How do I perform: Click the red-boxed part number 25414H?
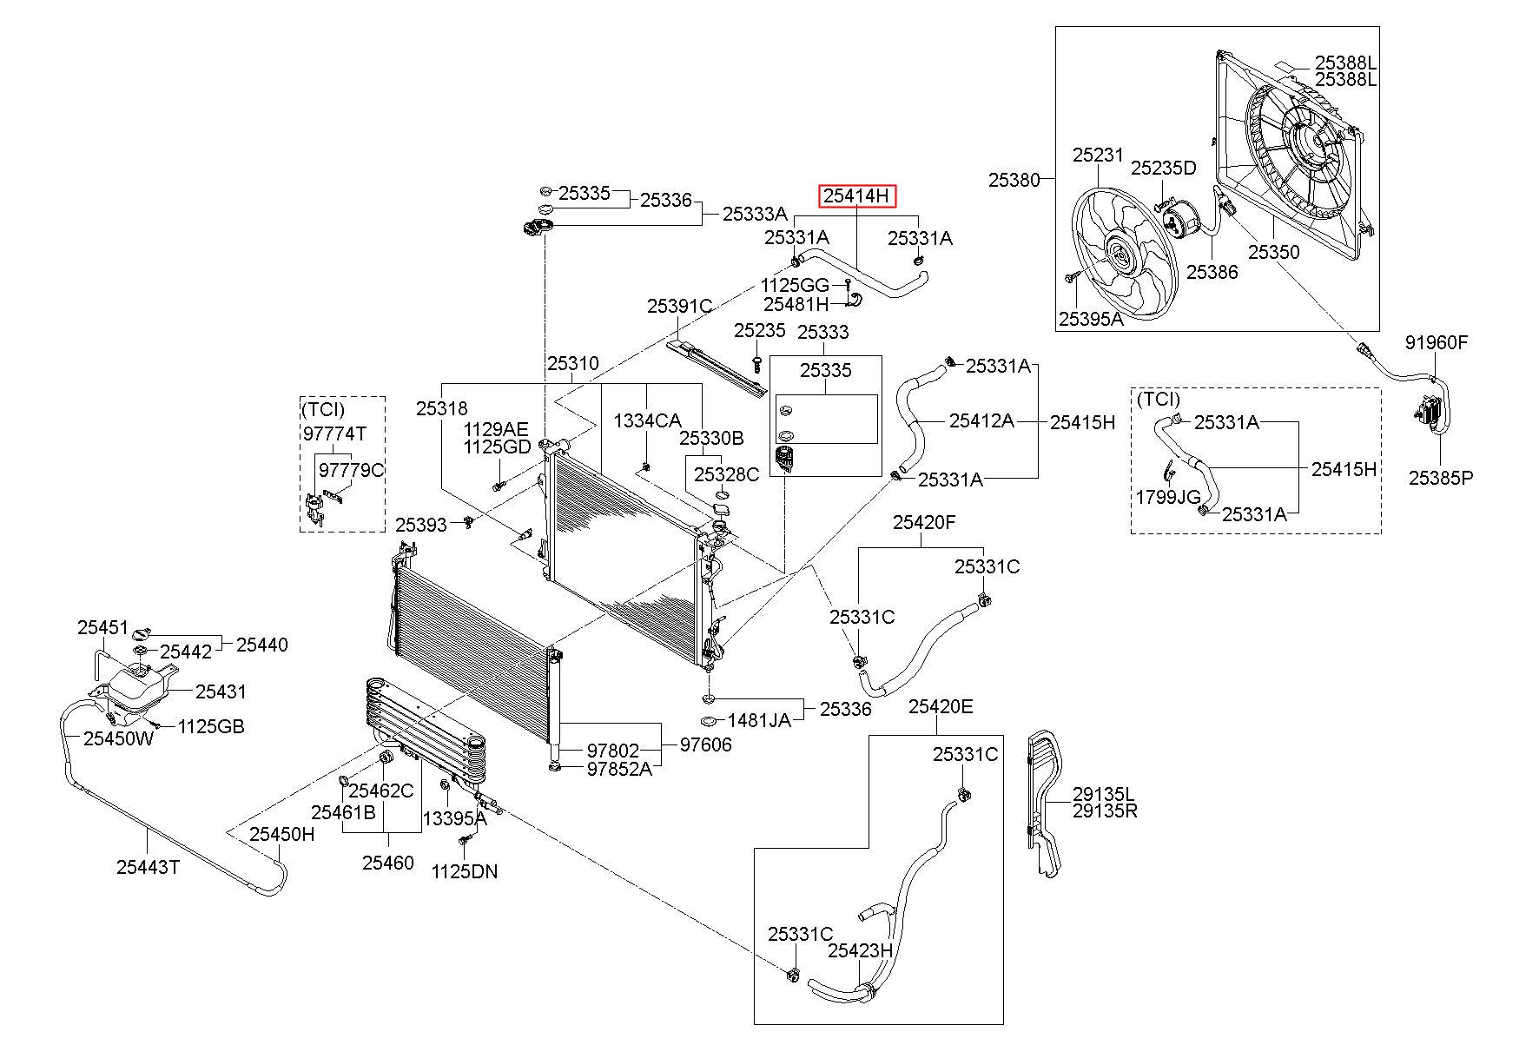click(x=857, y=196)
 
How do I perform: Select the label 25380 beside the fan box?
click(x=1014, y=180)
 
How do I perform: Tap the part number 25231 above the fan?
click(x=1098, y=155)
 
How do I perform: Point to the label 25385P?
click(x=1441, y=477)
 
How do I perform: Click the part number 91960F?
click(x=1437, y=342)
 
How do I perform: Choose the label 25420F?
click(x=924, y=522)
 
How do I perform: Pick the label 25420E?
click(x=941, y=706)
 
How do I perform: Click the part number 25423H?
click(x=860, y=949)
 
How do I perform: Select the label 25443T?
click(x=148, y=866)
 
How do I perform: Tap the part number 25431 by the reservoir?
click(x=221, y=691)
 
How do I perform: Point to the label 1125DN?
click(x=465, y=871)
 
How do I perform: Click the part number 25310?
click(x=572, y=364)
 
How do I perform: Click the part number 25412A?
click(x=981, y=420)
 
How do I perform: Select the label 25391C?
click(x=679, y=306)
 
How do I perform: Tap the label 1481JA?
click(x=759, y=720)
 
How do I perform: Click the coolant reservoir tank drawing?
click(x=137, y=691)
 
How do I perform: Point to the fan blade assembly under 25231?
click(x=1120, y=256)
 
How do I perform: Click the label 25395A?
click(x=1091, y=319)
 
